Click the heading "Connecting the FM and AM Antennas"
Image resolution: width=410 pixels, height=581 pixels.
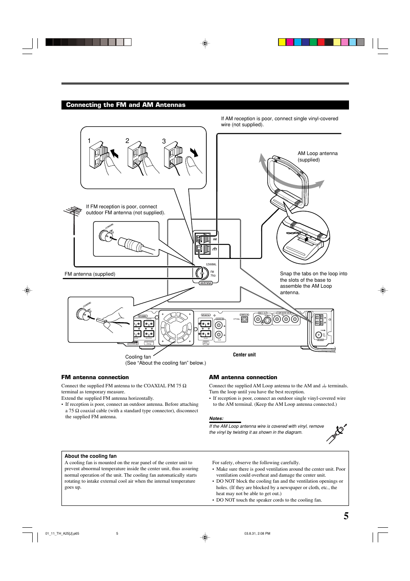(x=125, y=105)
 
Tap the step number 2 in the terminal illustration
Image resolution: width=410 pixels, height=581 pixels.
(x=127, y=141)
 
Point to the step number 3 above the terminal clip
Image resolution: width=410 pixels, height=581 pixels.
(x=164, y=141)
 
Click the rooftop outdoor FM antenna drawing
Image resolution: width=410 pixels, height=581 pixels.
(x=73, y=212)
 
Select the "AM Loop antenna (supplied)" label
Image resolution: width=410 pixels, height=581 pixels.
(x=318, y=156)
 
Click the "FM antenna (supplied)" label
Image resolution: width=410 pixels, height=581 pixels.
(x=90, y=274)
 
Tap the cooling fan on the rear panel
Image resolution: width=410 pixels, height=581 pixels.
(x=176, y=328)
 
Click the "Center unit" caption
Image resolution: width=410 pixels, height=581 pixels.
(x=244, y=355)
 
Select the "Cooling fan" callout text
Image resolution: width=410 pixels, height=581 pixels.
(x=138, y=357)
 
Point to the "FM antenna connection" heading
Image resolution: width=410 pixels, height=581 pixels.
(x=95, y=377)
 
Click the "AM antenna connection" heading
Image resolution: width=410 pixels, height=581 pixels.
(x=243, y=377)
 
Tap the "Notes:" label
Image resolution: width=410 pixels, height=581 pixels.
(x=216, y=418)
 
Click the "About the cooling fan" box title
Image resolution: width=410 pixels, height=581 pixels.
(x=91, y=456)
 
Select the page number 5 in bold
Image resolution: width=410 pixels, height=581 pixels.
(x=346, y=516)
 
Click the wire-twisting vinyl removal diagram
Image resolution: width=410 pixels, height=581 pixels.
(x=337, y=433)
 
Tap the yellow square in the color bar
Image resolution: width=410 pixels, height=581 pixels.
(x=282, y=42)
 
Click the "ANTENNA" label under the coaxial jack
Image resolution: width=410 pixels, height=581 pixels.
(x=206, y=283)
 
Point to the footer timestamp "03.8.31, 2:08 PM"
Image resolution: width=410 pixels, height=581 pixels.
(x=257, y=534)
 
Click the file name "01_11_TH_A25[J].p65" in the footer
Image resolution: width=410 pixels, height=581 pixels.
(x=62, y=534)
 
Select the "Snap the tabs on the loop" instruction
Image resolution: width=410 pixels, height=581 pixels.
(x=313, y=283)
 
